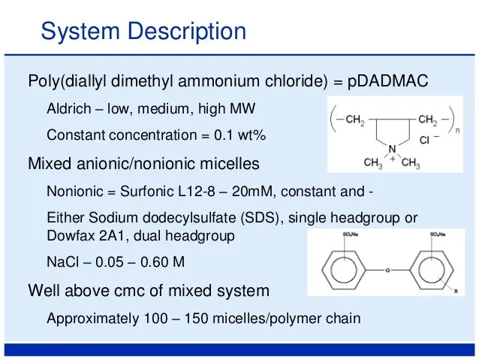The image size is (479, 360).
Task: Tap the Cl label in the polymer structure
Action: pyautogui.click(x=424, y=140)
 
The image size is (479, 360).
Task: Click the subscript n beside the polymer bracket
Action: pyautogui.click(x=458, y=129)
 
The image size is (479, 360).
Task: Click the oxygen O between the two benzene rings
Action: pyautogui.click(x=388, y=268)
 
